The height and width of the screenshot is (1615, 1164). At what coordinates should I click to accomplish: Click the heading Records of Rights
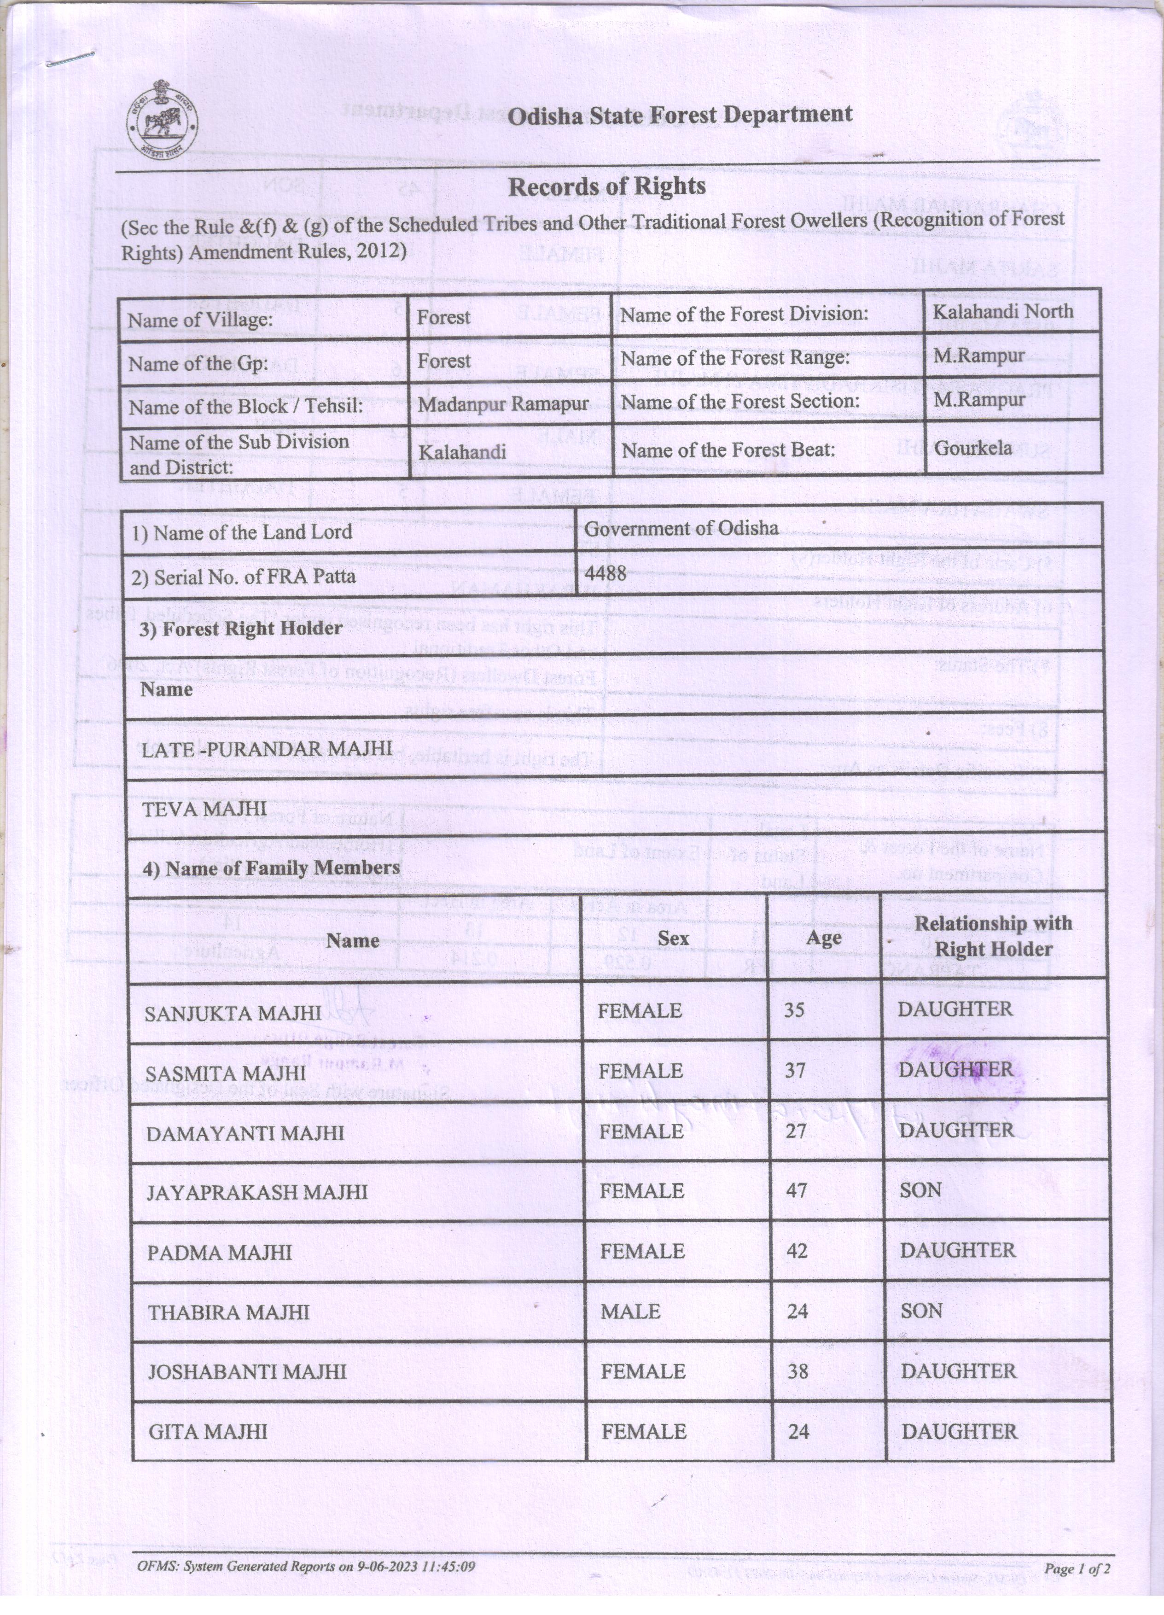coord(606,187)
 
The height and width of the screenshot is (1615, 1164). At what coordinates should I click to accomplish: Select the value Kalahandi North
coord(1002,311)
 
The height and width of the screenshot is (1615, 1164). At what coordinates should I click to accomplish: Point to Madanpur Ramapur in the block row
coord(503,404)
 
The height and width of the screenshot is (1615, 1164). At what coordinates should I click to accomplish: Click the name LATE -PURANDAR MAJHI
coord(267,748)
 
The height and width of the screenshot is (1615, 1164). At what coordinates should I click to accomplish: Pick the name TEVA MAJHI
coord(204,809)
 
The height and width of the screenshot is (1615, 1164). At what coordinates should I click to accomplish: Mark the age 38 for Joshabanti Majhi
coord(797,1371)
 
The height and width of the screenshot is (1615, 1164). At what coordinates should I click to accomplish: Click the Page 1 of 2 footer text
coord(1077,1568)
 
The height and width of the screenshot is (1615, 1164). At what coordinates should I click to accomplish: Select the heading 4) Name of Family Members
coord(271,868)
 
